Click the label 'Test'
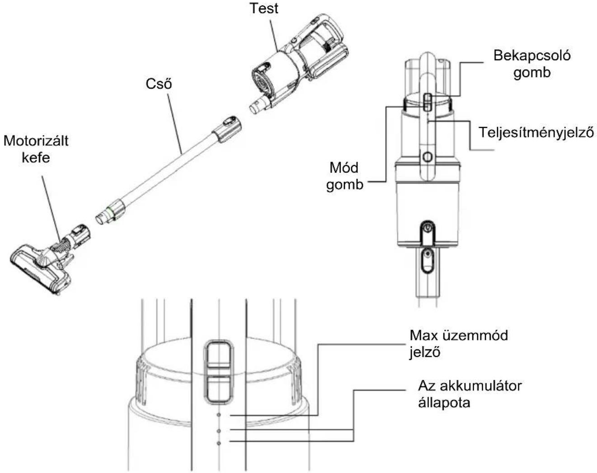coord(264,8)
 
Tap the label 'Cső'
coord(159,84)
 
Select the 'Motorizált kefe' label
coord(36,149)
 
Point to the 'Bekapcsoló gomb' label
coord(532,64)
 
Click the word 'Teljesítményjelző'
coord(536,132)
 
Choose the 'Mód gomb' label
coord(344,176)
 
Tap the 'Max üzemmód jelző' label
coord(459,344)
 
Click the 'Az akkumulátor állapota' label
coord(470,394)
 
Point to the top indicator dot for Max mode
coord(219,415)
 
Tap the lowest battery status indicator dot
coord(219,443)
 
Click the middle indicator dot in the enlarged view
coord(219,431)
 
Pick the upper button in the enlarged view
coord(218,354)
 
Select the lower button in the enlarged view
coord(218,388)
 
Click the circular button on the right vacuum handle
coord(427,157)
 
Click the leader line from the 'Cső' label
coord(175,124)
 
